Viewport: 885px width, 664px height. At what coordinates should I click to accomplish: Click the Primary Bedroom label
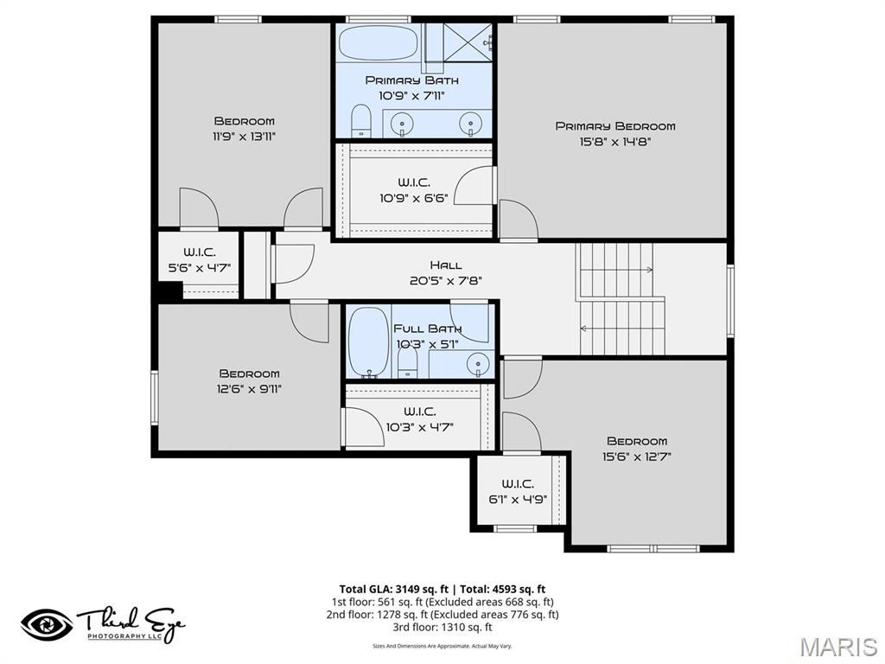coord(614,126)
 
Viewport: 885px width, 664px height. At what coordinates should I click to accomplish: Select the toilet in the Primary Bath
coord(360,122)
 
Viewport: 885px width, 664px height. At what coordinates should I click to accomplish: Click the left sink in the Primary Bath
coord(403,124)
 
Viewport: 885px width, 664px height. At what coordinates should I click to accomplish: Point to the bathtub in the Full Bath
coord(368,342)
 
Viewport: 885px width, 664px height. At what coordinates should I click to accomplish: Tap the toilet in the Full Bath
coord(408,364)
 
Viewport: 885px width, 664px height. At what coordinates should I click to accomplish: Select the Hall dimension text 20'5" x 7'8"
coord(446,280)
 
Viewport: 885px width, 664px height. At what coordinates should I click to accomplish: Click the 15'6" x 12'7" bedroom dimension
coord(637,456)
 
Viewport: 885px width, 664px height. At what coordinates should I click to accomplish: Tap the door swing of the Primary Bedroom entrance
coord(517,220)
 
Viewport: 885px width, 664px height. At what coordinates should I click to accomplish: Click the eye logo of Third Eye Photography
coord(47,624)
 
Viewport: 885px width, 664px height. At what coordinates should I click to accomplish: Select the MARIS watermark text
coord(837,647)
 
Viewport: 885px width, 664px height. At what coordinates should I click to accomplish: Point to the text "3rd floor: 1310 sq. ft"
coord(442,628)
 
